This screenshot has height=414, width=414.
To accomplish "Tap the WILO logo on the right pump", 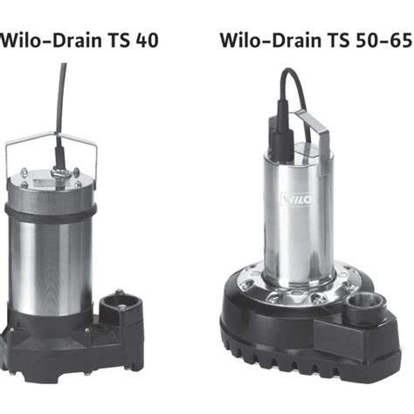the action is [x=297, y=200].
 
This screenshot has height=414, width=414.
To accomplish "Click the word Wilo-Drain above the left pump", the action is [x=51, y=40].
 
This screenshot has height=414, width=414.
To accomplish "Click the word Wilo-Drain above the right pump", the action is [x=271, y=40].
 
